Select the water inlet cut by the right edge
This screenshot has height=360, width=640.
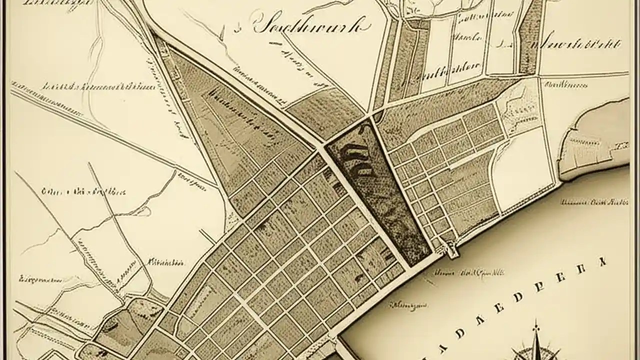(597, 140)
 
